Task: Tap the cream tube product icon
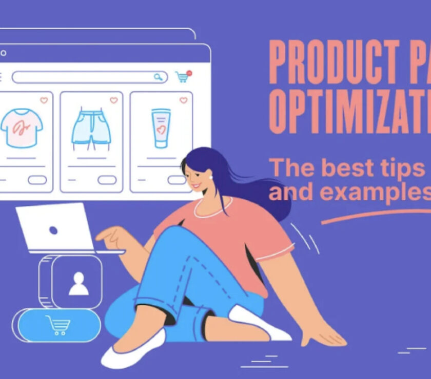[161, 129]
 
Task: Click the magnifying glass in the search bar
[158, 77]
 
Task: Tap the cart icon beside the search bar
[182, 77]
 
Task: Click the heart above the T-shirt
[44, 100]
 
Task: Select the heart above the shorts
[113, 100]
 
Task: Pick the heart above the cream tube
[183, 100]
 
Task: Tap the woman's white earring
[210, 177]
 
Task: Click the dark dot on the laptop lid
[53, 230]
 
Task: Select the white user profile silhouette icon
[79, 283]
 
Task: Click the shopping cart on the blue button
[57, 325]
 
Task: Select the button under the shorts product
[107, 180]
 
